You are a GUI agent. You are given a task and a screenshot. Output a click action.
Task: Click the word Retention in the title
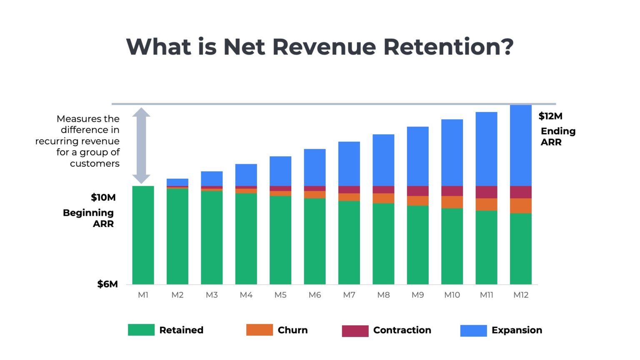point(448,46)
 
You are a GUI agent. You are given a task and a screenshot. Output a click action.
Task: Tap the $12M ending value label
point(550,116)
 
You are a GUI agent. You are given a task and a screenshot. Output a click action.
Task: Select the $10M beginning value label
point(103,197)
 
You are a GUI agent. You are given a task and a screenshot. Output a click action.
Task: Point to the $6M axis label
point(107,284)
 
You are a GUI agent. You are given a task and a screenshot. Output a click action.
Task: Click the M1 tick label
point(143,295)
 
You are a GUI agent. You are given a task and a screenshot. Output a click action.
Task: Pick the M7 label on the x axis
point(349,295)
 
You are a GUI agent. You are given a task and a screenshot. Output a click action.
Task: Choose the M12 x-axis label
point(520,295)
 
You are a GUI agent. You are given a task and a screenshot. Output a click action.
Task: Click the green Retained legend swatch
point(141,330)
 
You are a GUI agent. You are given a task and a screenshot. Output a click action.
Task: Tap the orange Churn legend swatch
point(259,330)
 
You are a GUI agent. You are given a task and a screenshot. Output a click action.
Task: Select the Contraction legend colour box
point(355,331)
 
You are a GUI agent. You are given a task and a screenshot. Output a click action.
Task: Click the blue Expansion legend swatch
point(473,330)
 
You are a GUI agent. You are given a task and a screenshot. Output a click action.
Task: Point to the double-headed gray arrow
point(141,145)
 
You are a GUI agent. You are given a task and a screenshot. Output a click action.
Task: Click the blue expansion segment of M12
point(520,145)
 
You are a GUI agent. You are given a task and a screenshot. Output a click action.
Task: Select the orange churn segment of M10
point(452,202)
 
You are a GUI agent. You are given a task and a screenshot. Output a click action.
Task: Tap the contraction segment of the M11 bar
point(486,192)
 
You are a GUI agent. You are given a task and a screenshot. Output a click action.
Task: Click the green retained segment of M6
point(315,241)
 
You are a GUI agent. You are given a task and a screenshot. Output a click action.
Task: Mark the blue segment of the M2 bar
point(177,182)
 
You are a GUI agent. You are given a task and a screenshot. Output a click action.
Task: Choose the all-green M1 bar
point(143,235)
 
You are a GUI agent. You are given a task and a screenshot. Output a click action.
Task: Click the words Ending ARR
point(557,137)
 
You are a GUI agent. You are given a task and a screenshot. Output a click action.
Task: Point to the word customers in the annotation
point(95,163)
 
